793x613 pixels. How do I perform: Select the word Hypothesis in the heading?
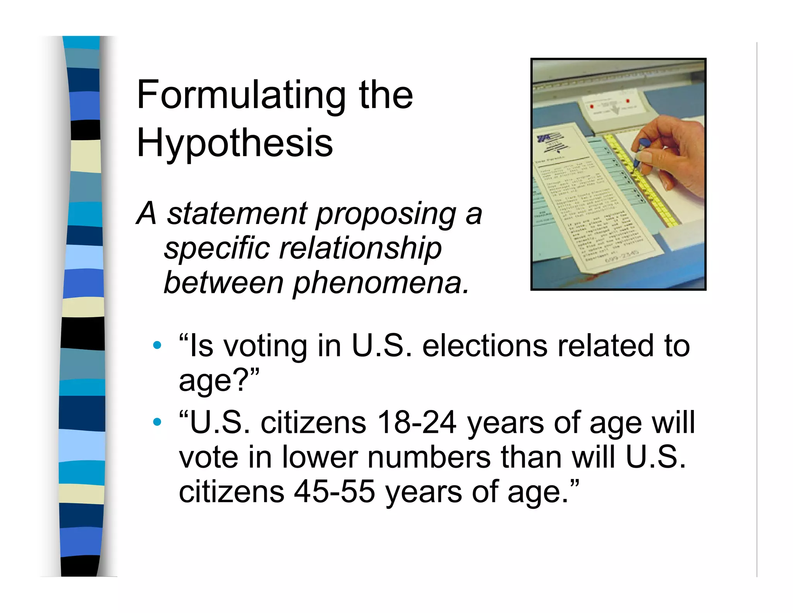[235, 143]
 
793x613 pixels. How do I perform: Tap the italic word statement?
[237, 214]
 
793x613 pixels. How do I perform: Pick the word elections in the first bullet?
[484, 346]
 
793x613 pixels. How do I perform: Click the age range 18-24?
[417, 423]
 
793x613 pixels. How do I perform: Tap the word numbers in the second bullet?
[429, 458]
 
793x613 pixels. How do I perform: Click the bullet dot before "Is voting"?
[157, 345]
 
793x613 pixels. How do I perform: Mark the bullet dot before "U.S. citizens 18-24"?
[157, 422]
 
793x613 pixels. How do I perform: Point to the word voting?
[266, 346]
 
